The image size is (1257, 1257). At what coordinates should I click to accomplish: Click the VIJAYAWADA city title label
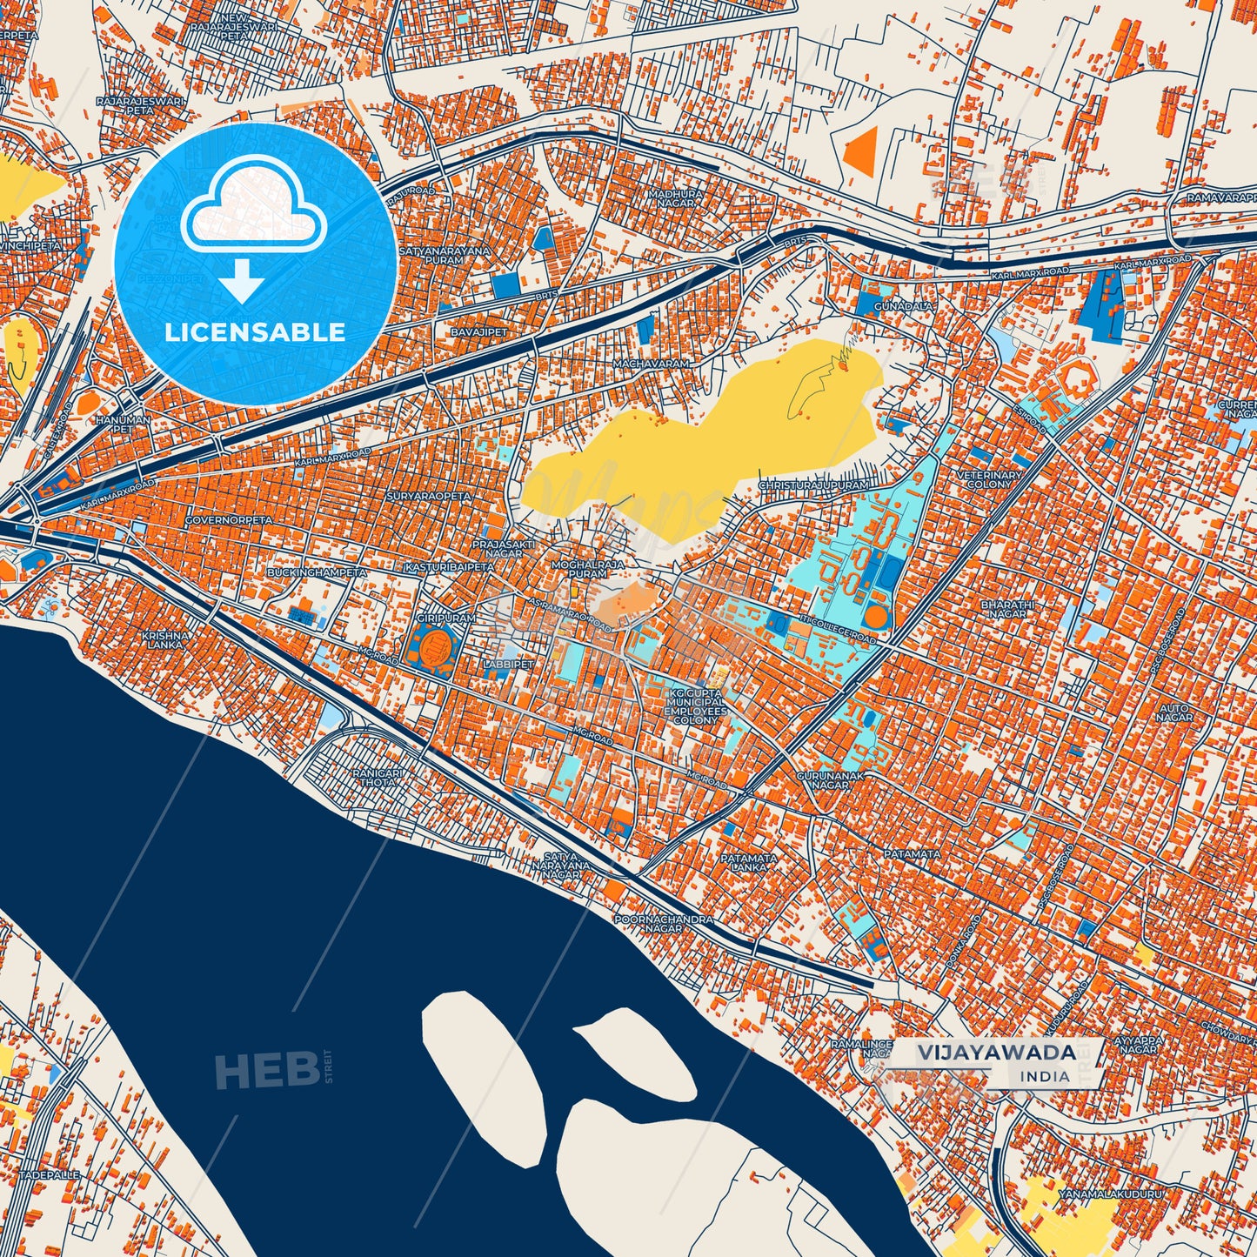[996, 1051]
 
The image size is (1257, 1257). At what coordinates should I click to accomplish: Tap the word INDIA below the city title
[1045, 1076]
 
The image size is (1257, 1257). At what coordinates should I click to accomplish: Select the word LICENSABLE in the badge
[255, 331]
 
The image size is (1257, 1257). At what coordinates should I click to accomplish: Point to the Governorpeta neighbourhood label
[229, 519]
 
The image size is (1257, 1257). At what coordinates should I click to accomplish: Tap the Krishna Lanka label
[164, 639]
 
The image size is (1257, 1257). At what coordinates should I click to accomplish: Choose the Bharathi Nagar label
[1007, 609]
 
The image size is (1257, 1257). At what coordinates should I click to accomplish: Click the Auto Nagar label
[1174, 712]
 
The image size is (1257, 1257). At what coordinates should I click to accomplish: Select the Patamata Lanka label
[749, 862]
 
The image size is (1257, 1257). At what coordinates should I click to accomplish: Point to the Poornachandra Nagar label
[663, 923]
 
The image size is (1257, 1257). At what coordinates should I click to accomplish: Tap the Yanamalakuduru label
[1110, 1194]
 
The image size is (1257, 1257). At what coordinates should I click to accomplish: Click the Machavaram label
[651, 363]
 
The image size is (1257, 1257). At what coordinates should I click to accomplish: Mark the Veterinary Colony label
[989, 478]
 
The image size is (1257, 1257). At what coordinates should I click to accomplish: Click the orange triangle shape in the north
[861, 149]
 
